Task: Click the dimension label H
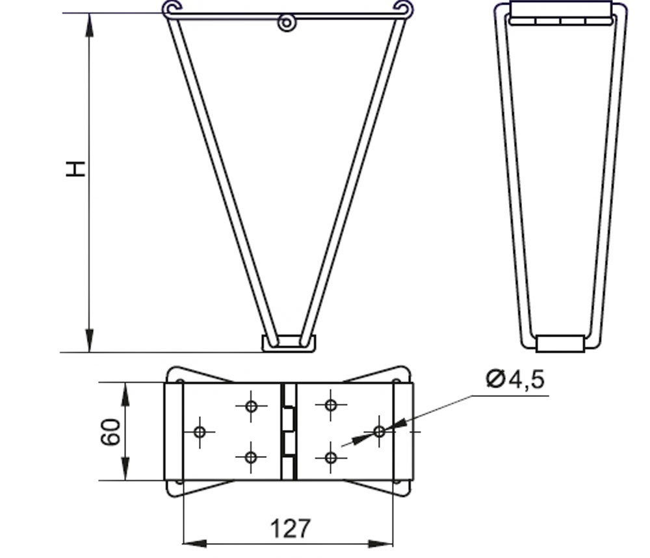(75, 169)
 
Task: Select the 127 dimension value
(290, 529)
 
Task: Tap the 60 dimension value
(110, 432)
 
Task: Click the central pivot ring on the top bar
(287, 23)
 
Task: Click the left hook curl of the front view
(171, 8)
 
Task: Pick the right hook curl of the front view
(404, 8)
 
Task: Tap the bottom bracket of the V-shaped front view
(289, 344)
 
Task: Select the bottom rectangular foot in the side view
(560, 344)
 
